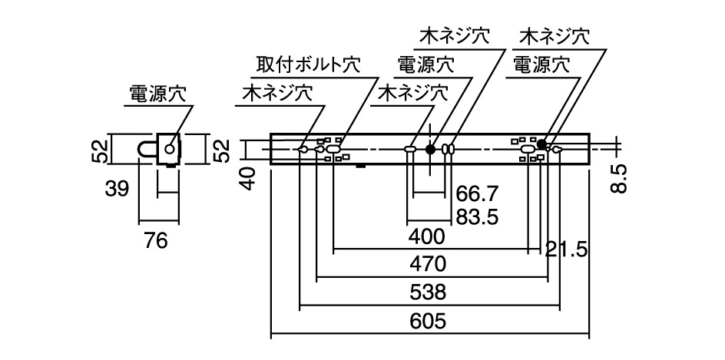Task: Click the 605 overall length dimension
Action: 428,321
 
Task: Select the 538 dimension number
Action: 428,292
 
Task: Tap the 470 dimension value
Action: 428,264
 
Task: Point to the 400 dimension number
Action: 426,236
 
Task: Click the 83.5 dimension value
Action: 478,217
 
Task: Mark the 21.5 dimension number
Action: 566,250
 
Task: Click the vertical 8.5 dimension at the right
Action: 621,178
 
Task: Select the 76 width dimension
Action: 155,241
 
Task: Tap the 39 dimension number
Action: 116,189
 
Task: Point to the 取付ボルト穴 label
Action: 309,65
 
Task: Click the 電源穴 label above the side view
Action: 157,94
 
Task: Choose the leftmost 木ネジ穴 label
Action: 277,94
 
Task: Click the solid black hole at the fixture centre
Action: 430,149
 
